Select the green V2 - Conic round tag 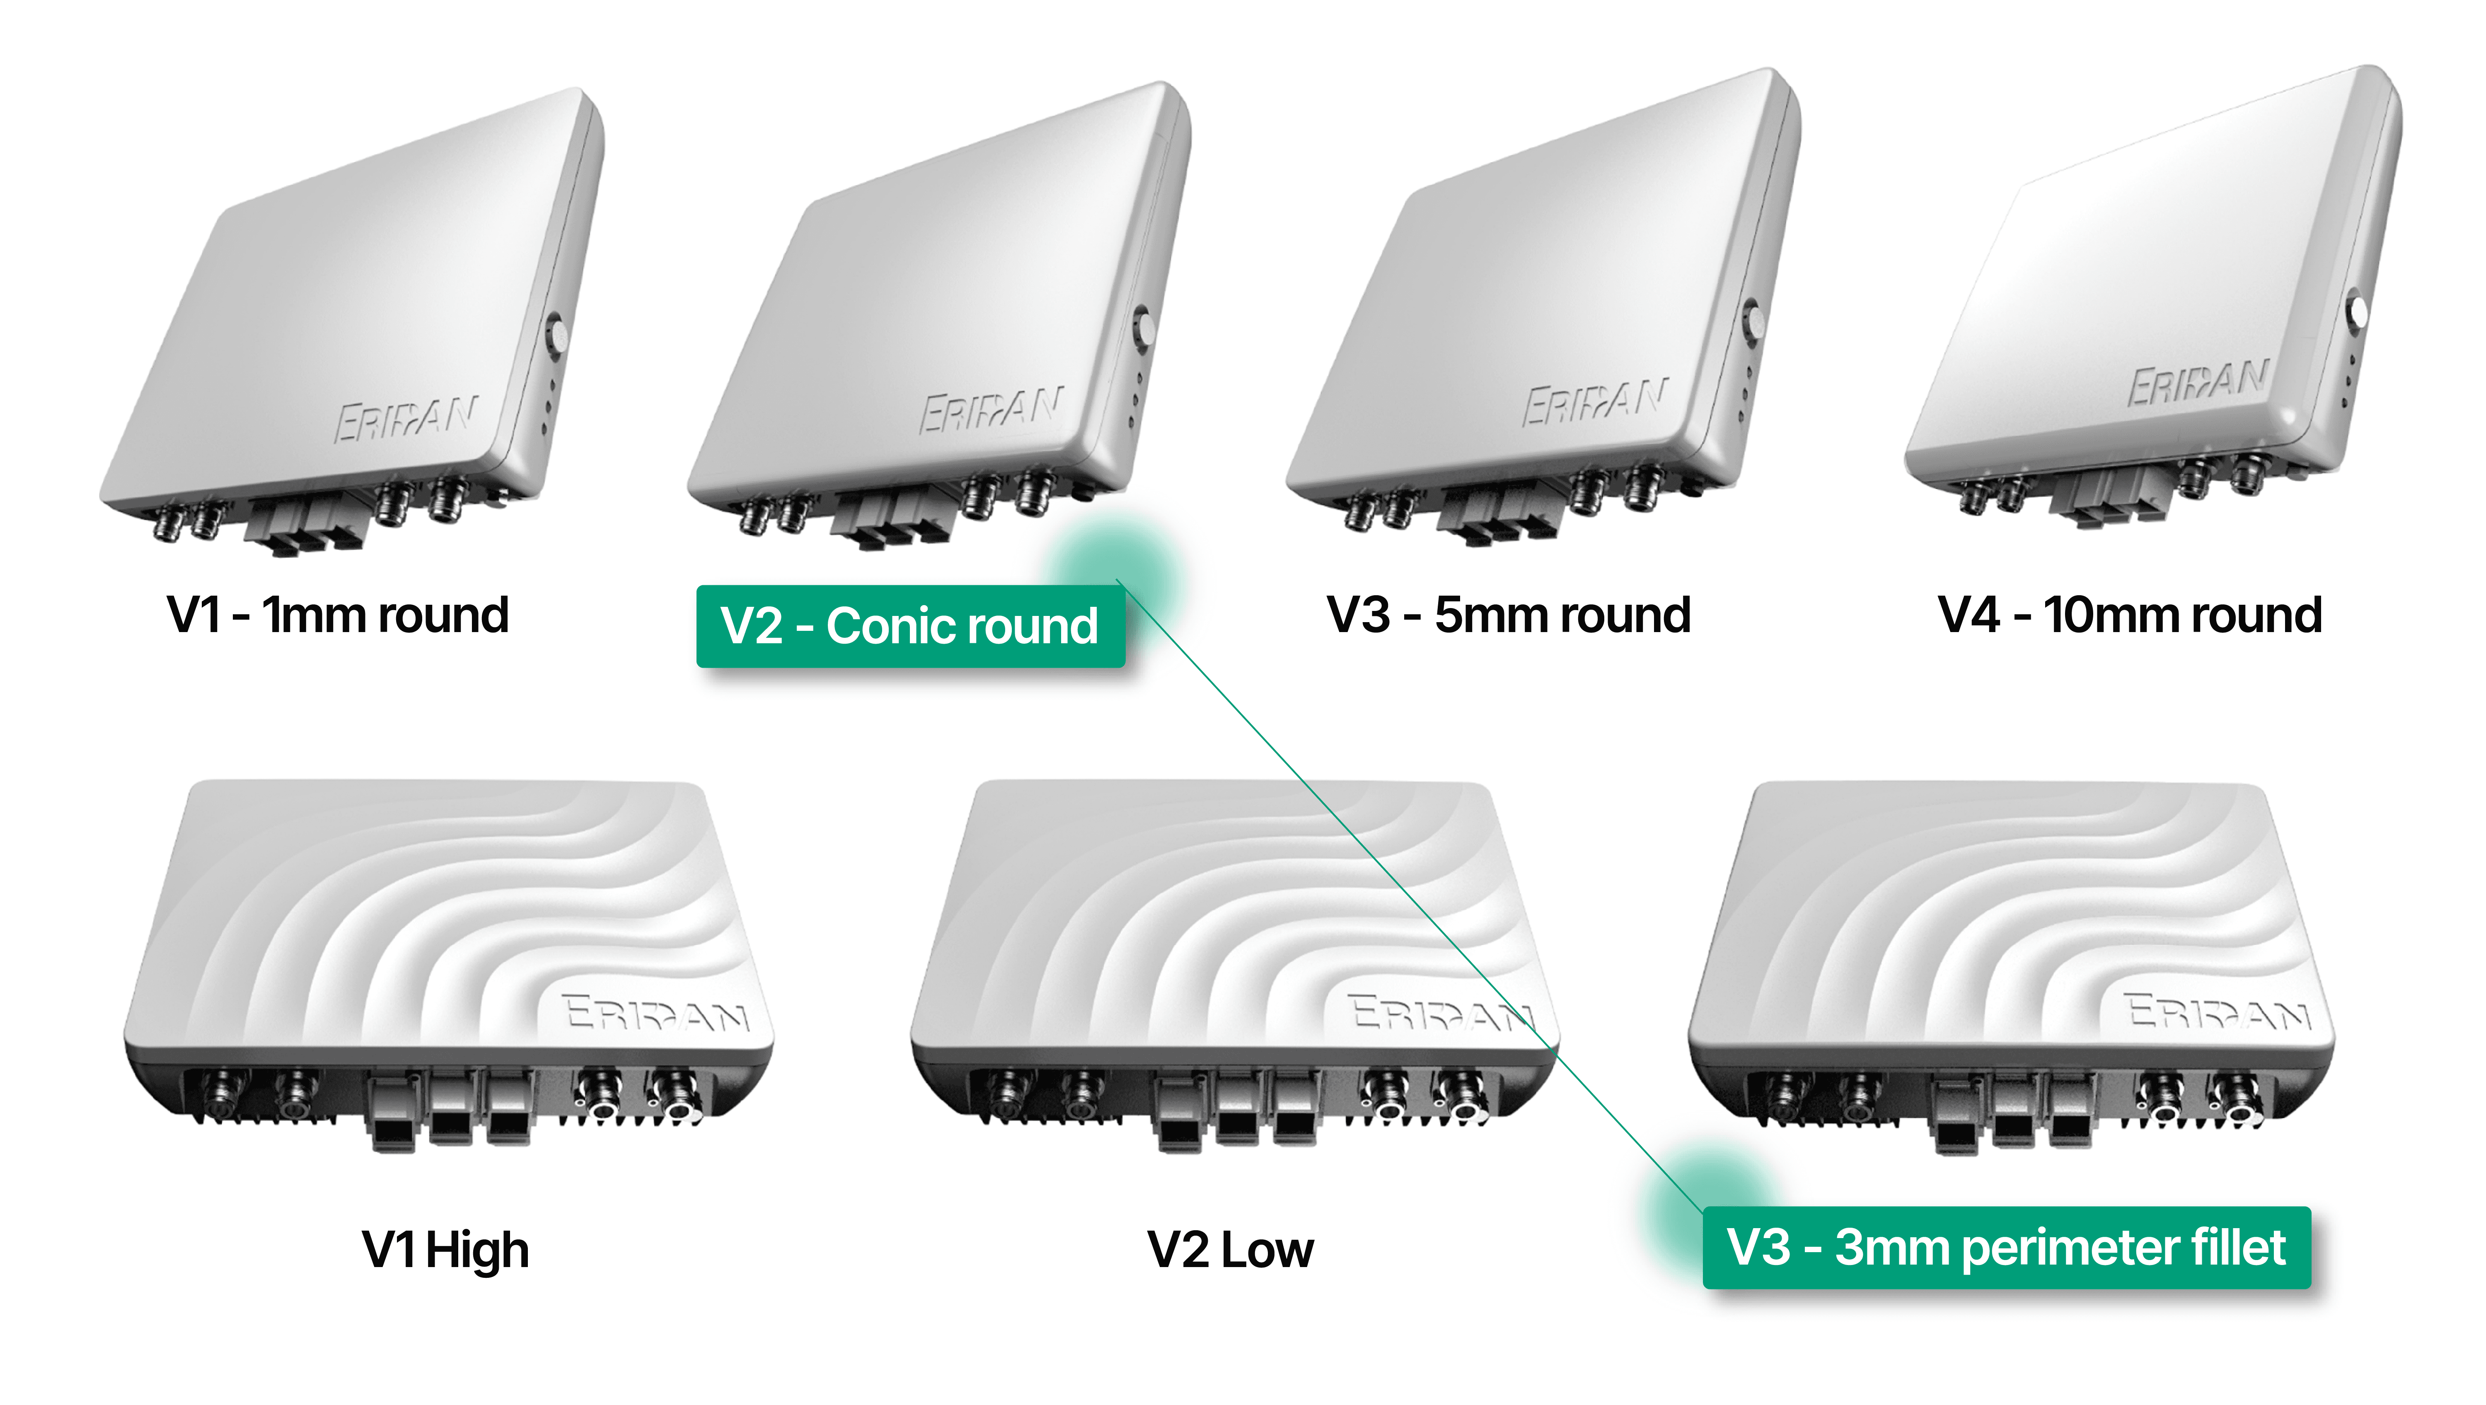[x=910, y=626]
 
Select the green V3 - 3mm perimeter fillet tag [x=2006, y=1248]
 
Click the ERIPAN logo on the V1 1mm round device [x=405, y=418]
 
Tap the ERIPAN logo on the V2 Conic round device [x=991, y=409]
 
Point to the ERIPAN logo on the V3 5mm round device [x=1594, y=401]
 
